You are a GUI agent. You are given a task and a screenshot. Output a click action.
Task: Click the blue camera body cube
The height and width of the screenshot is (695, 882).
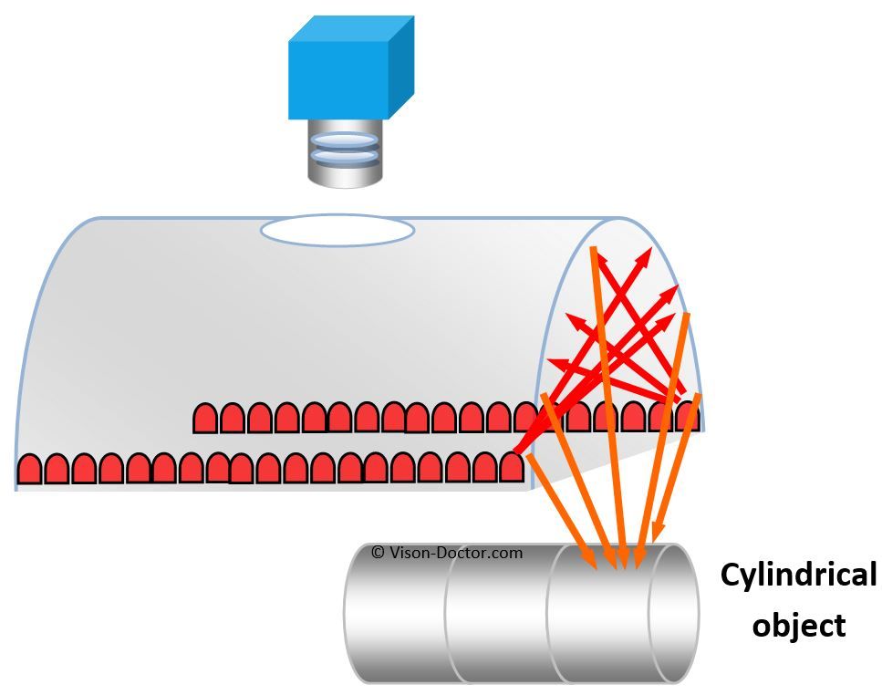[x=351, y=67]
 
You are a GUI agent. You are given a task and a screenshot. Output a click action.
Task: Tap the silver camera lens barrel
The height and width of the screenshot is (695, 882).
[x=345, y=153]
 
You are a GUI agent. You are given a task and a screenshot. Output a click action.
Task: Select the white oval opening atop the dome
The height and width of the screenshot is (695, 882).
[x=337, y=230]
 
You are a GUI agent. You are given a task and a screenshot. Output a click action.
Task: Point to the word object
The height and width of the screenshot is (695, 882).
[x=799, y=626]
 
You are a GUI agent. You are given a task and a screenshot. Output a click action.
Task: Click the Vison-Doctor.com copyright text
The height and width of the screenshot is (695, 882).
[x=447, y=552]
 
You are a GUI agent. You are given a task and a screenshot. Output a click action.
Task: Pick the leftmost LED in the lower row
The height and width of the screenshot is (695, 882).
[x=29, y=469]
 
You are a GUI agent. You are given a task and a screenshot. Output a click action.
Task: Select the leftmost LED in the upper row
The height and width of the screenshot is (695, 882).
[x=205, y=418]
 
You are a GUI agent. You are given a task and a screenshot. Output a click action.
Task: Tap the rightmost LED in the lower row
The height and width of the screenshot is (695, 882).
[x=511, y=467]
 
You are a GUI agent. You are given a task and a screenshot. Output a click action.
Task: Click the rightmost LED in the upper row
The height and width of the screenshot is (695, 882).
[x=688, y=417]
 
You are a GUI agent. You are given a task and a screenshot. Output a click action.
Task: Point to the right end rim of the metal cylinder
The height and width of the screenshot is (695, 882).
[x=674, y=613]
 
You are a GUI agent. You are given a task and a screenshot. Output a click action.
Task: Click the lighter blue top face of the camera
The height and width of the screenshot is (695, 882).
[x=351, y=28]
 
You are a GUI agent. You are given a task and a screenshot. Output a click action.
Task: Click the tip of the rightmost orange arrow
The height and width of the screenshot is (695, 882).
[x=652, y=545]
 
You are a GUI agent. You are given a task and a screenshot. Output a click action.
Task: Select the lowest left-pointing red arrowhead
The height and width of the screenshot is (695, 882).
[x=547, y=360]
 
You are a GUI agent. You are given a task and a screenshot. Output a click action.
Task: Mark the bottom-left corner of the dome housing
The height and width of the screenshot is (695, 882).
[x=16, y=491]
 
